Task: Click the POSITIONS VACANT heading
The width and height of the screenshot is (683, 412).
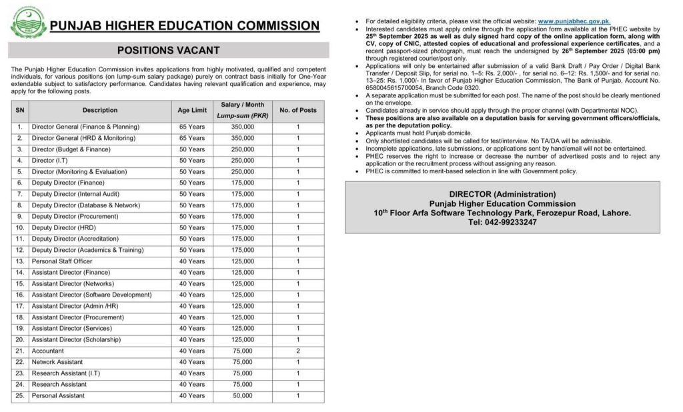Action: click(x=168, y=50)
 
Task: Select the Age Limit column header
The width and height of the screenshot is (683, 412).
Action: click(x=191, y=110)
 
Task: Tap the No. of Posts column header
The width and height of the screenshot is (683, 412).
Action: click(x=297, y=110)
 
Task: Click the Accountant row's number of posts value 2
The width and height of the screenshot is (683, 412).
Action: click(x=297, y=351)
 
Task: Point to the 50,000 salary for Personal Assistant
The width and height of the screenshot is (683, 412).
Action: click(x=243, y=396)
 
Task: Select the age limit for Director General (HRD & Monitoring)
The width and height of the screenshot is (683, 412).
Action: click(x=191, y=138)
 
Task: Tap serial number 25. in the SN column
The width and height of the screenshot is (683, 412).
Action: click(x=19, y=396)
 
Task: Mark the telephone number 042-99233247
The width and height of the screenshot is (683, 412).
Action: click(x=518, y=222)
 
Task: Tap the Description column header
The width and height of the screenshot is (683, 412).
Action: click(x=100, y=110)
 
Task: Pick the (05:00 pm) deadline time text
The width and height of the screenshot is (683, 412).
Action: click(x=640, y=51)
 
